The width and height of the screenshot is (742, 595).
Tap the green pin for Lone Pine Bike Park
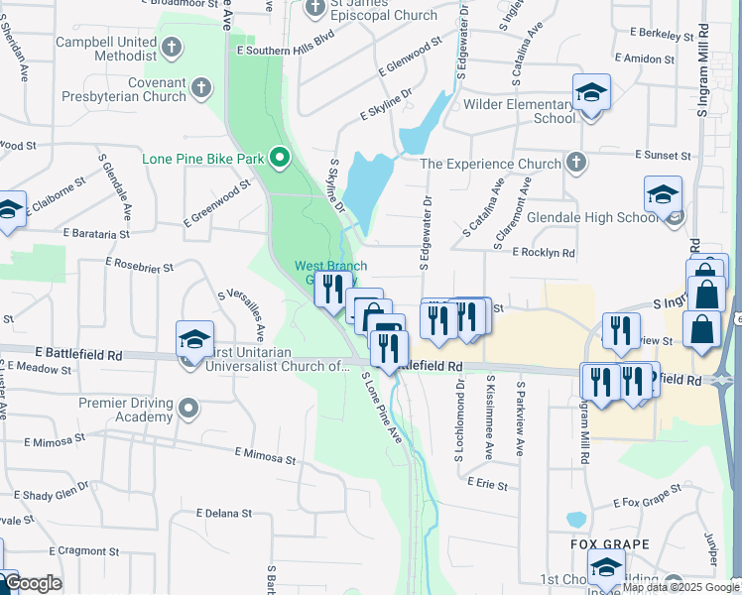(280, 157)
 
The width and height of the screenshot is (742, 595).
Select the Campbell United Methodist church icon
(172, 46)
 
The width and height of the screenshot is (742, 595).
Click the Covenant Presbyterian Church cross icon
(201, 87)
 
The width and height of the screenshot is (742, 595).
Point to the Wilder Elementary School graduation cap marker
(591, 94)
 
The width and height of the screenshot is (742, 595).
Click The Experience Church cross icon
(576, 163)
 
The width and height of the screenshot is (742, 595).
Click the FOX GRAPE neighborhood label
(609, 544)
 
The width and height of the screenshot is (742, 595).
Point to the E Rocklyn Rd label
(544, 253)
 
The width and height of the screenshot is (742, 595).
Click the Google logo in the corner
(32, 584)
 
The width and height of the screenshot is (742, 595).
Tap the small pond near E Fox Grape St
(576, 519)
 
